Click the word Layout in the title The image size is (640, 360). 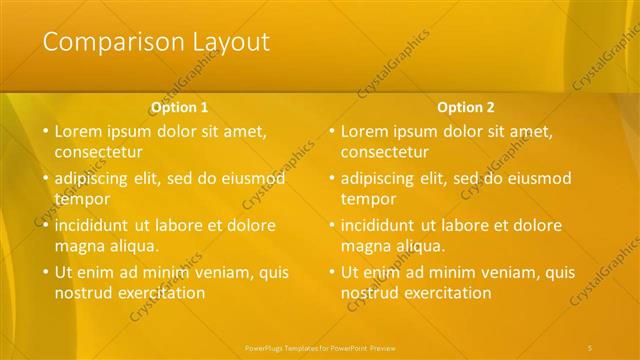pos(226,42)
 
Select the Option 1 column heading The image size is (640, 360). pos(180,107)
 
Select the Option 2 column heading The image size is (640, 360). pos(466,107)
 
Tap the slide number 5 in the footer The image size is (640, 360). pos(590,347)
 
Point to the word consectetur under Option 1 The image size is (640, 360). pos(98,153)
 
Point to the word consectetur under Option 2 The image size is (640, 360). pos(385,153)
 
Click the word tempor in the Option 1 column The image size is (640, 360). pos(83,199)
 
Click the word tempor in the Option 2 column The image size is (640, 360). pos(369,199)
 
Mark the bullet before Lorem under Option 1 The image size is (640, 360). pos(45,132)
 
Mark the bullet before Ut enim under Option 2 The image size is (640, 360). pos(331,272)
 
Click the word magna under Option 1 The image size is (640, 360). pos(78,245)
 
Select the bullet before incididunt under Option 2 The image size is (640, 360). pos(331,226)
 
